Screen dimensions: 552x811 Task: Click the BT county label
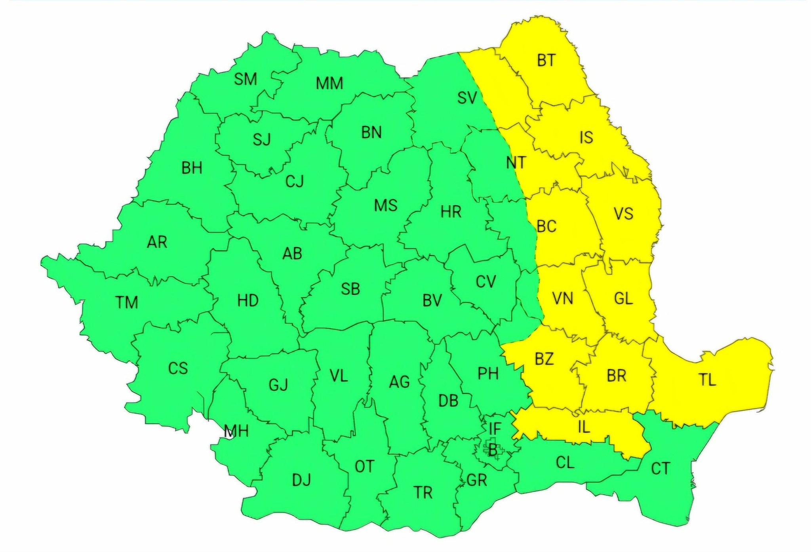click(x=546, y=61)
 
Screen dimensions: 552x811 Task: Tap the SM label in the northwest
click(x=245, y=79)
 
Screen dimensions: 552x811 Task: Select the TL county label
click(x=707, y=380)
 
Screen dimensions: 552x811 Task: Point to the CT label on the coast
click(x=661, y=469)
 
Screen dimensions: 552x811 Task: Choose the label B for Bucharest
click(x=493, y=450)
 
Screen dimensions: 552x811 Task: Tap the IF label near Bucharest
click(x=495, y=428)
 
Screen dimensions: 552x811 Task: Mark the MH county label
click(x=236, y=431)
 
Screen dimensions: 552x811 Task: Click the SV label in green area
click(x=467, y=97)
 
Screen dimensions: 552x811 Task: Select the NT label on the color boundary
click(x=516, y=163)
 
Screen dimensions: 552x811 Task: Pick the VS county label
click(x=623, y=214)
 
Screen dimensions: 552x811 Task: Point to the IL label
click(x=584, y=427)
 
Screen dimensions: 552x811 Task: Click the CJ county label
click(x=295, y=181)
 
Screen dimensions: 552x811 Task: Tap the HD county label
click(x=248, y=300)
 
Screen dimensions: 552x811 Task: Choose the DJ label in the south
click(x=301, y=480)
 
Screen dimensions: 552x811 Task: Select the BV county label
click(x=432, y=301)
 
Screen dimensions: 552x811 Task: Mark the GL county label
click(x=623, y=298)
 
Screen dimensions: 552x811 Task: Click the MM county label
click(x=329, y=84)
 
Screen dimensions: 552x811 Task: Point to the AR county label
click(x=157, y=242)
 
